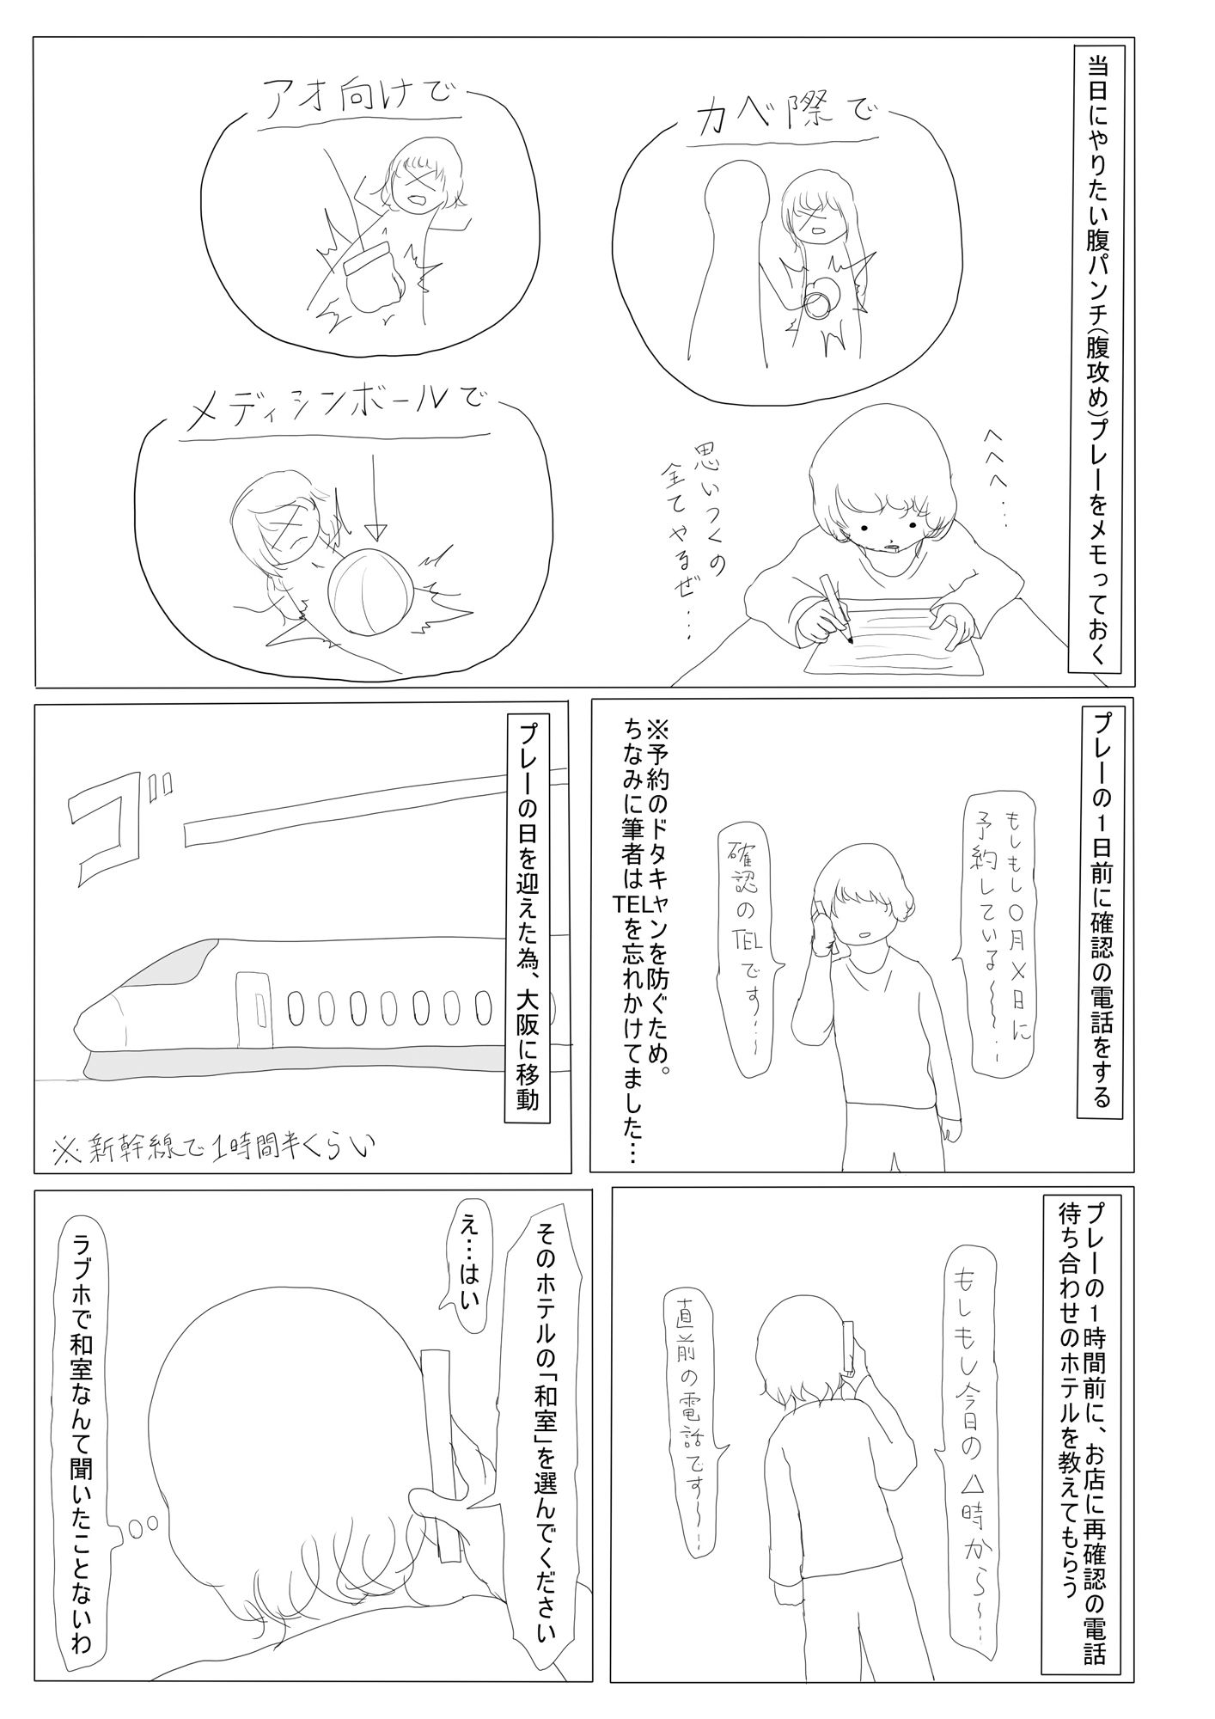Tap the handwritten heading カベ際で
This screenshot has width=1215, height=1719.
tap(789, 118)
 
